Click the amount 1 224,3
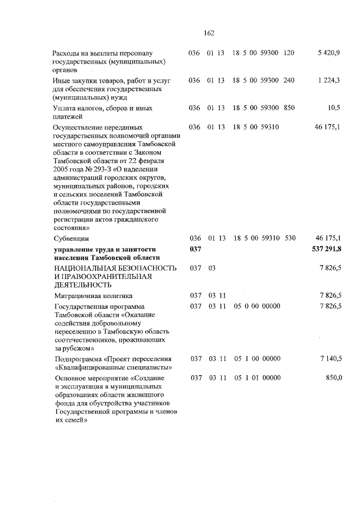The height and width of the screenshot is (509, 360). tap(328, 80)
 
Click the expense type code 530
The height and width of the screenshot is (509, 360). tap(290, 238)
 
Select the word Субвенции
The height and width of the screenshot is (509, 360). tap(71, 238)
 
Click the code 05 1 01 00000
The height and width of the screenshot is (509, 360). tap(257, 377)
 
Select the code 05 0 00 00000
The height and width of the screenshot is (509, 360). tap(257, 305)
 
